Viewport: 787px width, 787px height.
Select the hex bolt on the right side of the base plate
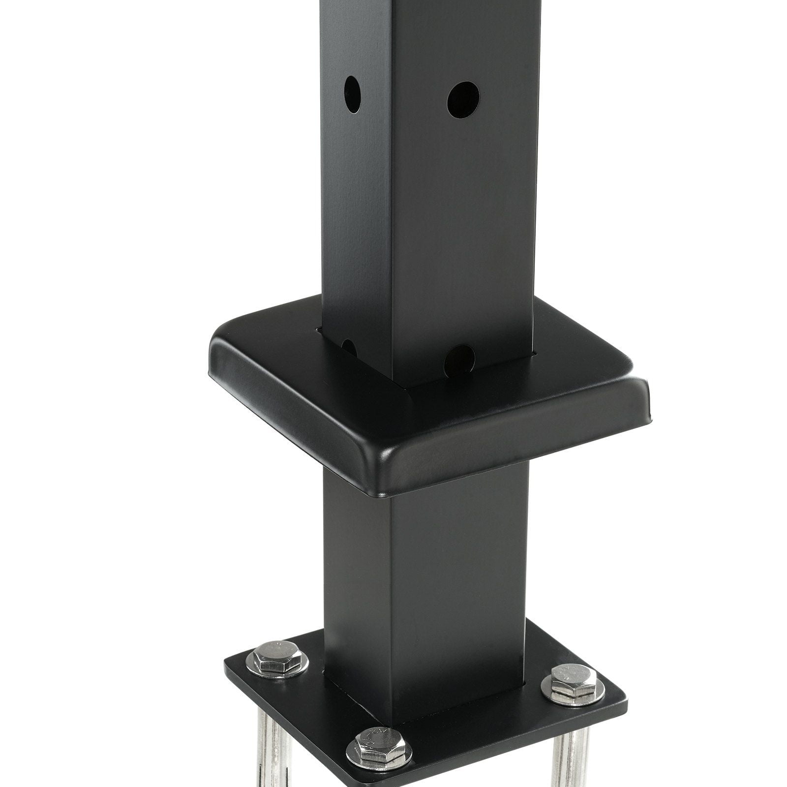[573, 680]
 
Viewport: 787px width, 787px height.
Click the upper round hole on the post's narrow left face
[352, 94]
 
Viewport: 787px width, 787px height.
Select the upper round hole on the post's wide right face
[463, 99]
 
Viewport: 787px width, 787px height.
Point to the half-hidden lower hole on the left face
[349, 347]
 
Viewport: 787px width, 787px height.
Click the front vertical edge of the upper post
[393, 197]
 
